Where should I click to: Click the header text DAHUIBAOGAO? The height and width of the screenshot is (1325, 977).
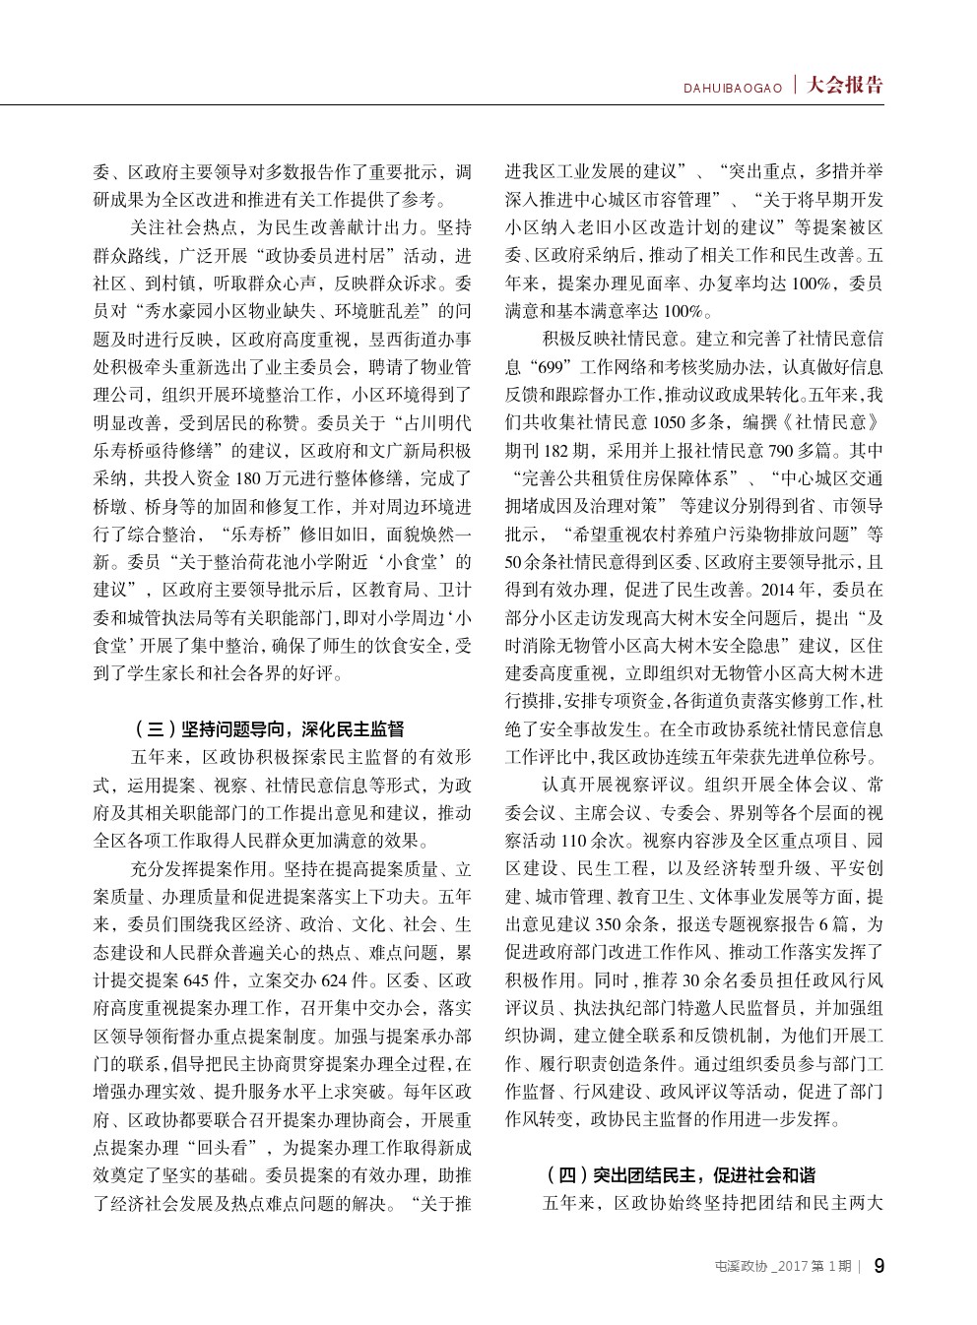pos(734,89)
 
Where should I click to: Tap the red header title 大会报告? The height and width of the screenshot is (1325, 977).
pos(844,85)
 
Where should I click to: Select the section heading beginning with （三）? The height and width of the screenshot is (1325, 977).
pos(267,730)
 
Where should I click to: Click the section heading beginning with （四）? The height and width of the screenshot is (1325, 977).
pos(680,1175)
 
